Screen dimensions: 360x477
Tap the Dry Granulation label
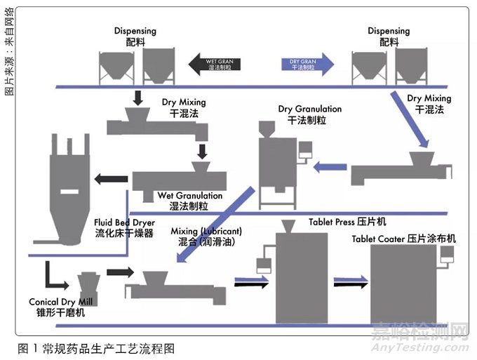pyautogui.click(x=309, y=114)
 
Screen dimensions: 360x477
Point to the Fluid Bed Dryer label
pyautogui.click(x=123, y=228)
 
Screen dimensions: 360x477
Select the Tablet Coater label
pyautogui.click(x=403, y=239)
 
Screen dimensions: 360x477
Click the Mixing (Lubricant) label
pyautogui.click(x=206, y=236)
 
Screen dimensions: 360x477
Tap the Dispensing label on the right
pyautogui.click(x=389, y=36)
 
